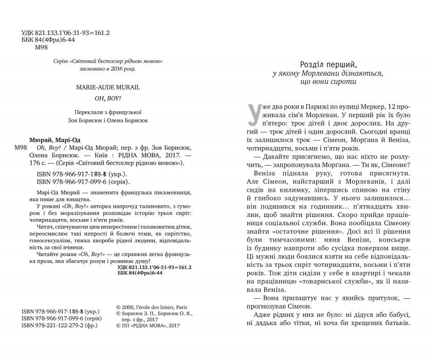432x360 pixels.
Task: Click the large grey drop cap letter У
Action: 255,114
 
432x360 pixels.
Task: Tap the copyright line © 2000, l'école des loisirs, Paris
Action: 154,304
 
